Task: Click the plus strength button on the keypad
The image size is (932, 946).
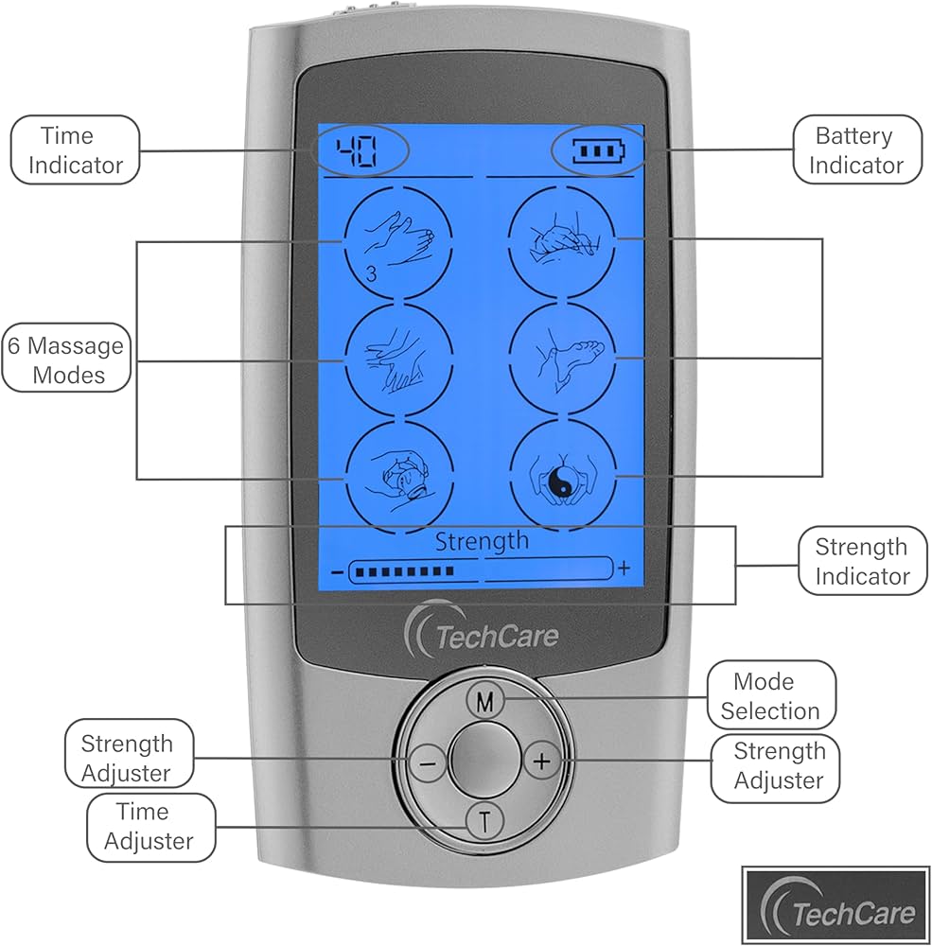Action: pyautogui.click(x=541, y=760)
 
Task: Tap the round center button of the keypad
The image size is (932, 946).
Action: pyautogui.click(x=484, y=759)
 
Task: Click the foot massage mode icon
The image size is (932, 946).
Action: pyautogui.click(x=561, y=359)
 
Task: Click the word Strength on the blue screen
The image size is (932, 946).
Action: pyautogui.click(x=482, y=540)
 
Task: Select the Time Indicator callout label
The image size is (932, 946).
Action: pyautogui.click(x=76, y=149)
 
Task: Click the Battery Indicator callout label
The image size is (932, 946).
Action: pyautogui.click(x=855, y=149)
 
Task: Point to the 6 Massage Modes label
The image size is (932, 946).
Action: pyautogui.click(x=66, y=359)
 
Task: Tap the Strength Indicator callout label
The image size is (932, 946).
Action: pyautogui.click(x=861, y=560)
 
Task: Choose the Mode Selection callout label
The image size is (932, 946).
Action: pyautogui.click(x=770, y=695)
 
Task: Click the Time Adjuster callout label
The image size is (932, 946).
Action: pyautogui.click(x=149, y=826)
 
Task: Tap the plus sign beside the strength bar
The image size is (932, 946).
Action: pyautogui.click(x=624, y=569)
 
